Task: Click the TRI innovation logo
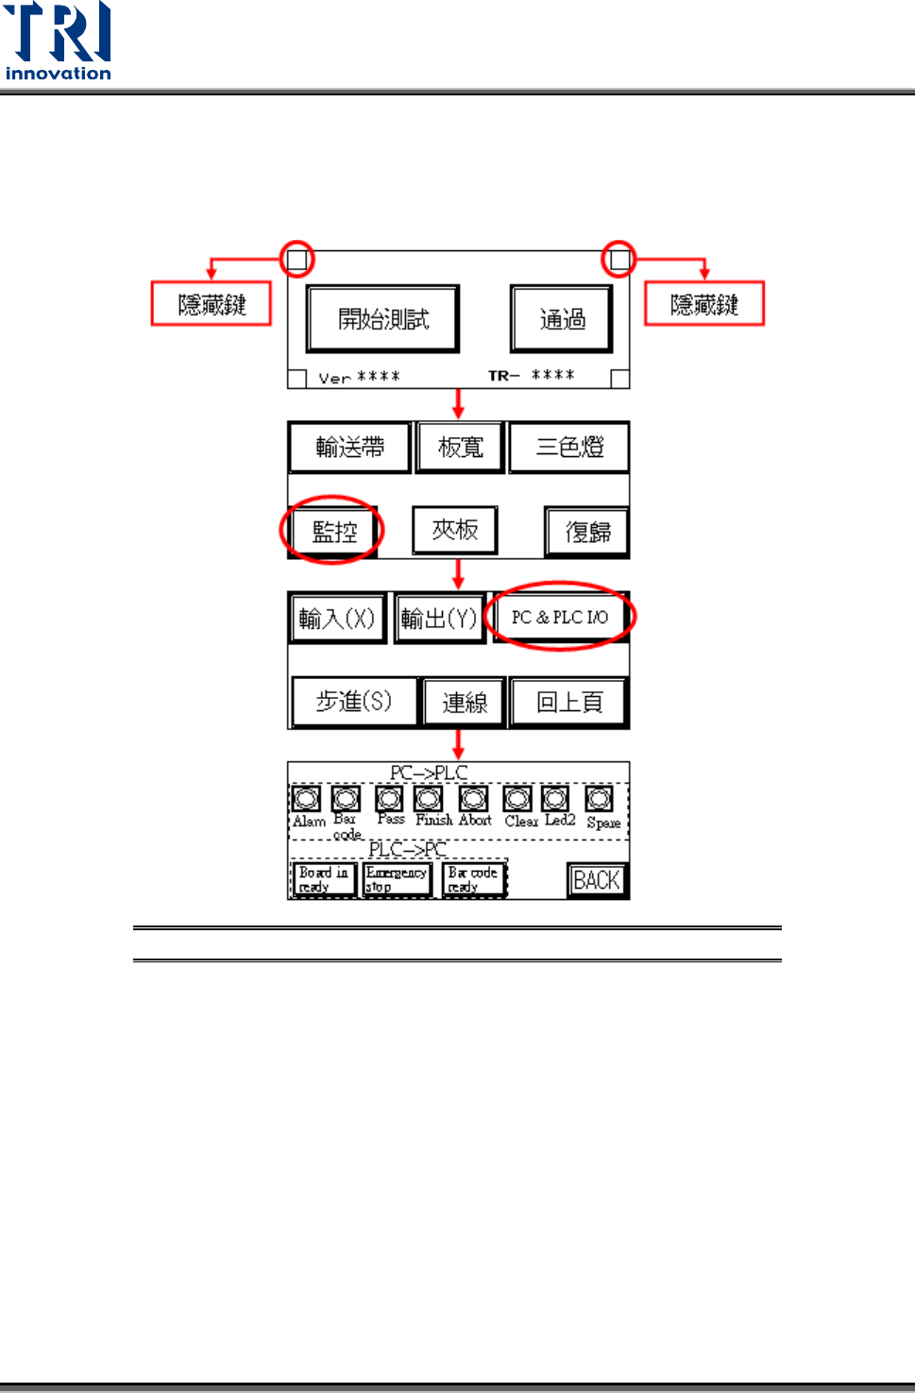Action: point(58,42)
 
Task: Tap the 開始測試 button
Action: point(382,319)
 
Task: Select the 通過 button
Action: point(562,319)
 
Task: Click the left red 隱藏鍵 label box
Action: point(212,304)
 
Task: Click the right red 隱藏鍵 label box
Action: point(704,304)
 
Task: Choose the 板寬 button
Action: point(461,447)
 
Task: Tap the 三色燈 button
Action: point(569,447)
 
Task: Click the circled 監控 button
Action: point(333,531)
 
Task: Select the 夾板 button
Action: point(454,530)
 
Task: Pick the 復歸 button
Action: point(587,532)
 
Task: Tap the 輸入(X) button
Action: point(337,619)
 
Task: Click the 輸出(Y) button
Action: point(439,619)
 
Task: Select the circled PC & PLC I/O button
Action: point(560,617)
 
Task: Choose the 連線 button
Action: point(465,702)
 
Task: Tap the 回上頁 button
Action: point(568,702)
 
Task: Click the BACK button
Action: point(597,880)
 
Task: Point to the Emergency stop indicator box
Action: point(397,879)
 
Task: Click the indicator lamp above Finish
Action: point(429,799)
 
